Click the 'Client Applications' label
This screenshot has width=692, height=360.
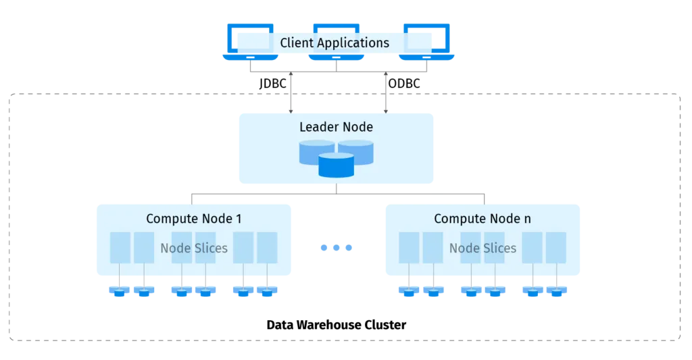click(335, 43)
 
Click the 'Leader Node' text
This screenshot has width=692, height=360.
click(336, 126)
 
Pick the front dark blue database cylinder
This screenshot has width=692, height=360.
click(336, 164)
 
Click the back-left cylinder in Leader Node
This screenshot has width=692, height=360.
click(316, 151)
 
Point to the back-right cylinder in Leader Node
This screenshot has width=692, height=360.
click(356, 151)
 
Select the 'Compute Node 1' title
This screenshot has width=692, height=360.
click(193, 219)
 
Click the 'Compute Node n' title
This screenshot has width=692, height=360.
click(483, 219)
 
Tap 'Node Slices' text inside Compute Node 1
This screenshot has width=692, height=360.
click(194, 248)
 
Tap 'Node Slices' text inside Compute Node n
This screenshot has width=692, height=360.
click(483, 248)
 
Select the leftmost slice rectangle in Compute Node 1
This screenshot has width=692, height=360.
click(120, 247)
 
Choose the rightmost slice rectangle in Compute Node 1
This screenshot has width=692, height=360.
click(268, 247)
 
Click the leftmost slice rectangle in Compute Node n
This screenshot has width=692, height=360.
click(409, 247)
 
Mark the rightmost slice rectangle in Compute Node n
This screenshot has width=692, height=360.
click(555, 247)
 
